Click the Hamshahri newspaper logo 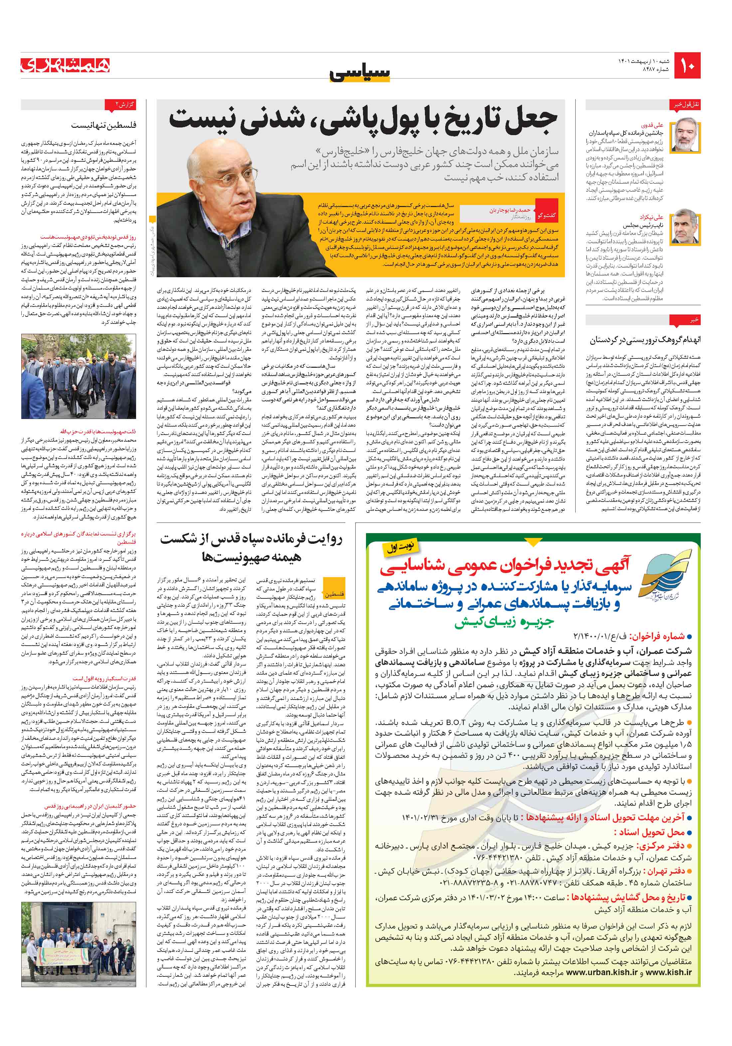65,64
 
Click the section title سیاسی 360,73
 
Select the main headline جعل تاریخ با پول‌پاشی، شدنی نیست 363,120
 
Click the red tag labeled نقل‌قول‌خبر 686,104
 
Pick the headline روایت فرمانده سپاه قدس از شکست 257,540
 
